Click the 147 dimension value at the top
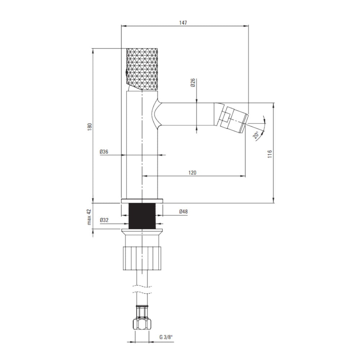point(183,22)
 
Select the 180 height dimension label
point(90,127)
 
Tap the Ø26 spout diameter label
point(193,82)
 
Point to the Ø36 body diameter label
point(104,152)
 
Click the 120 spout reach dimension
point(192,172)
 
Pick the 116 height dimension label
point(270,154)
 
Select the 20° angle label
point(256,135)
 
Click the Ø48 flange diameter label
point(184,211)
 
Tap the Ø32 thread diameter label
point(104,220)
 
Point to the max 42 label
point(89,217)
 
